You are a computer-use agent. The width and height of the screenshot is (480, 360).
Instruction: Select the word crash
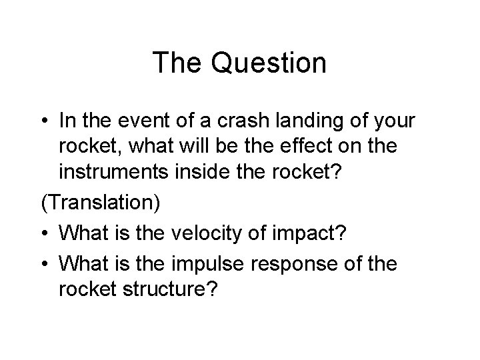click(253, 122)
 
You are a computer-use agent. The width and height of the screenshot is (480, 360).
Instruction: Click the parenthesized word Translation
click(101, 203)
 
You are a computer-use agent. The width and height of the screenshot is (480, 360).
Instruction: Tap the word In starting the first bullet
click(66, 122)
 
